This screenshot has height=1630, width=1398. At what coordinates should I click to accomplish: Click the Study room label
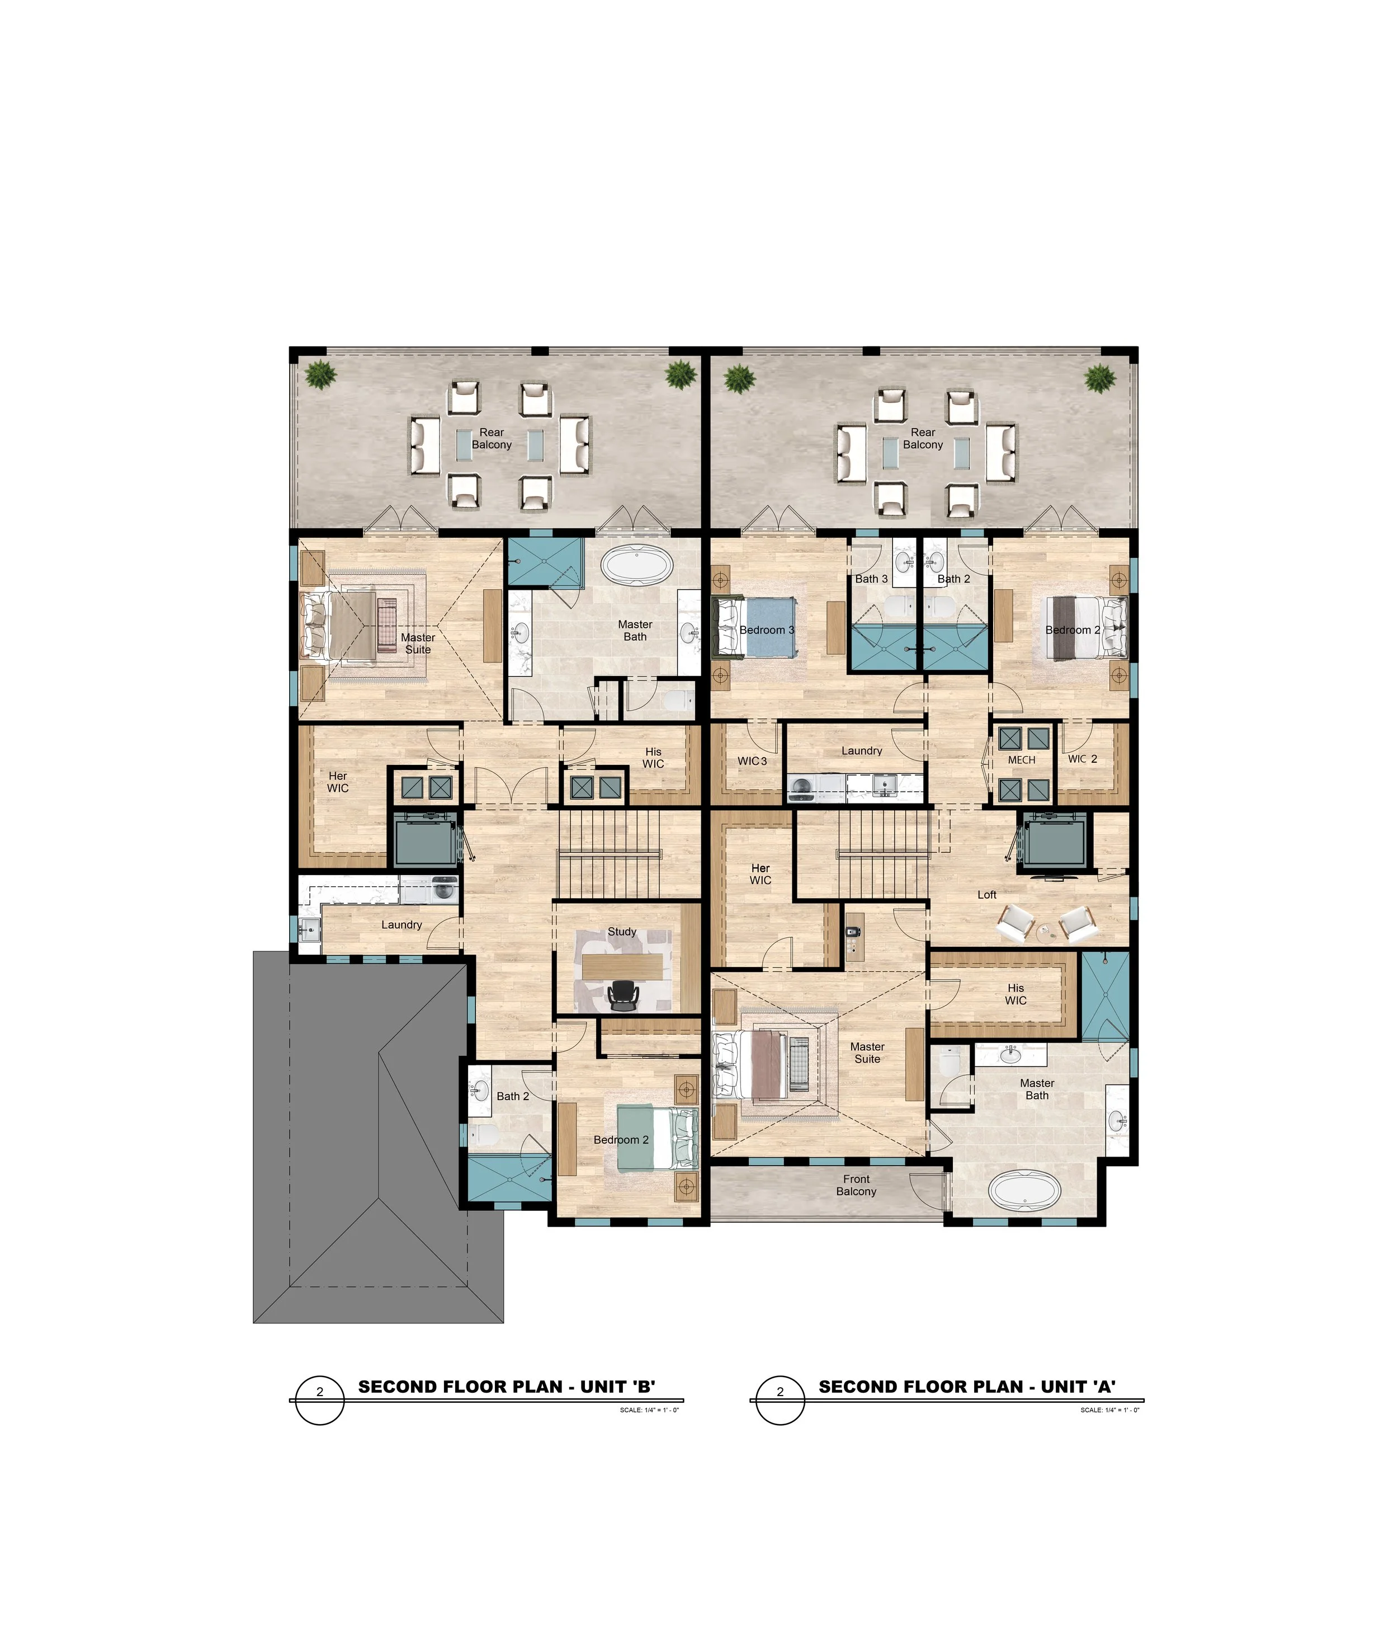(621, 932)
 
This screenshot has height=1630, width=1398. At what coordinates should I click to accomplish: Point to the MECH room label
(1021, 760)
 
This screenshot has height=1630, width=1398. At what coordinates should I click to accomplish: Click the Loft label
(987, 894)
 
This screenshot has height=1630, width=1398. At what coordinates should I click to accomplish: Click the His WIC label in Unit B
(653, 758)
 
